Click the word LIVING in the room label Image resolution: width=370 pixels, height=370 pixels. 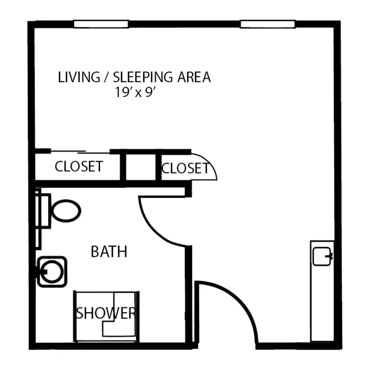pyautogui.click(x=79, y=77)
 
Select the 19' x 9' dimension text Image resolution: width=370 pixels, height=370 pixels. pyautogui.click(x=135, y=92)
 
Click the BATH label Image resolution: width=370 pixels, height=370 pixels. pyautogui.click(x=109, y=252)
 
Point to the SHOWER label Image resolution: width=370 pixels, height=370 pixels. pyautogui.click(x=106, y=313)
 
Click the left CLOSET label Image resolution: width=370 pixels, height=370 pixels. pyautogui.click(x=79, y=166)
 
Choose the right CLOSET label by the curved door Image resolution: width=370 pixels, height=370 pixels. pyautogui.click(x=185, y=168)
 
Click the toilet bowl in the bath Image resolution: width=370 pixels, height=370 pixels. pyautogui.click(x=66, y=211)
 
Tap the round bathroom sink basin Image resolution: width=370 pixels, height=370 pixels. pyautogui.click(x=52, y=272)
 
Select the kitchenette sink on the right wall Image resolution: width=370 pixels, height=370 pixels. pyautogui.click(x=322, y=256)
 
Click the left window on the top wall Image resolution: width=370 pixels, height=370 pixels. pyautogui.click(x=101, y=24)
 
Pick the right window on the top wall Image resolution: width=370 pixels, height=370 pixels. pyautogui.click(x=268, y=24)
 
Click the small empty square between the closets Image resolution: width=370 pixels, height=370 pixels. pyautogui.click(x=141, y=167)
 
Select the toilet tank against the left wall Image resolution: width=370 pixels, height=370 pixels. pyautogui.click(x=43, y=211)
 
